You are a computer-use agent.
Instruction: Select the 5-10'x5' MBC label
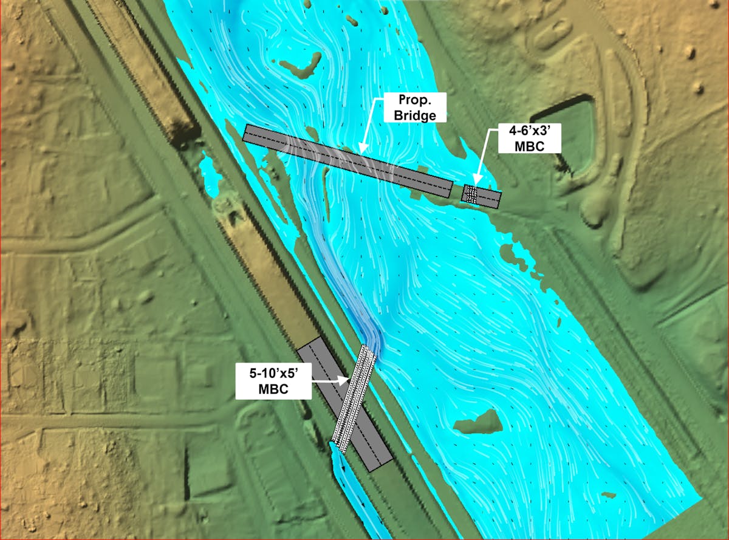tap(273, 381)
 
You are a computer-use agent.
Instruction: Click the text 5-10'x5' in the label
tap(273, 374)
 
